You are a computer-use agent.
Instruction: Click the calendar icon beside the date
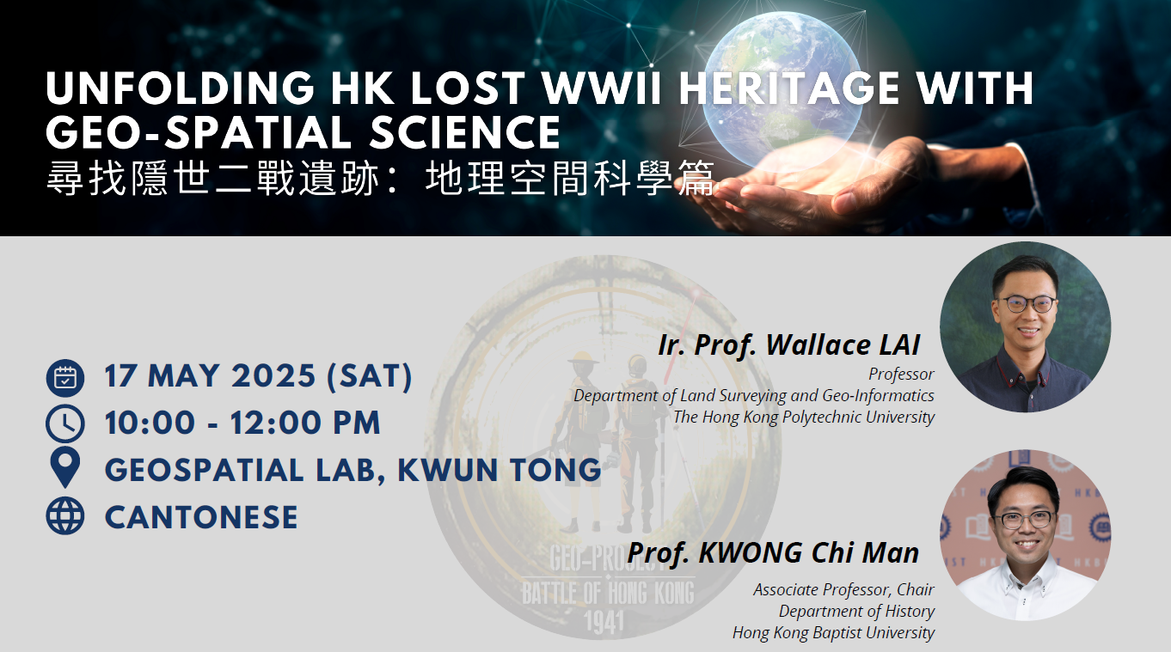[x=65, y=377]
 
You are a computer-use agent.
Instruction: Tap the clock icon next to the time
[x=65, y=423]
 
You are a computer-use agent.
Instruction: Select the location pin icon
[x=65, y=469]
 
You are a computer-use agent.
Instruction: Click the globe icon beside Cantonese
[x=65, y=516]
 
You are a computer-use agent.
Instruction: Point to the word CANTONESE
[x=201, y=517]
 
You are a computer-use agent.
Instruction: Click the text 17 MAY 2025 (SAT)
[x=258, y=377]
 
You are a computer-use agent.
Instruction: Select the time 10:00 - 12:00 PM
[x=242, y=423]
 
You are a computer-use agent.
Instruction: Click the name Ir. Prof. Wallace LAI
[x=788, y=344]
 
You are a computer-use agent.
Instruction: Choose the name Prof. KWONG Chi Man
[x=773, y=552]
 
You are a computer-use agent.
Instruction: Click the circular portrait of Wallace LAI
[x=1025, y=327]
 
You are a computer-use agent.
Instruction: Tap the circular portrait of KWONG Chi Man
[x=1025, y=535]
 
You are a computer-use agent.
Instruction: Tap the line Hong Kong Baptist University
[x=833, y=633]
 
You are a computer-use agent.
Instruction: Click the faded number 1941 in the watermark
[x=603, y=620]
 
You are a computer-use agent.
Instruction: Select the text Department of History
[x=856, y=612]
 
